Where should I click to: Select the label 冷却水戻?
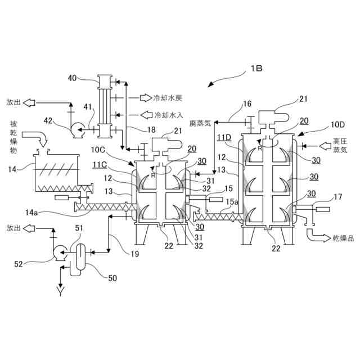pos(168,98)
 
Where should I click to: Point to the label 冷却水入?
pos(168,115)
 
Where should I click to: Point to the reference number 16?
pos(247,104)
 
